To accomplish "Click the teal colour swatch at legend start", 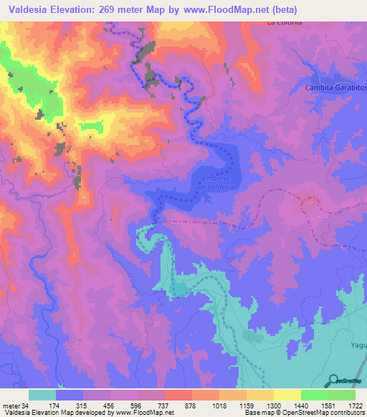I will tap(42, 396).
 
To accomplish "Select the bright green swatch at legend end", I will tap(342, 396).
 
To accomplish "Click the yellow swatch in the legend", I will tap(287, 396).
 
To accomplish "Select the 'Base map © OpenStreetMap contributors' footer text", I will tap(305, 412).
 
